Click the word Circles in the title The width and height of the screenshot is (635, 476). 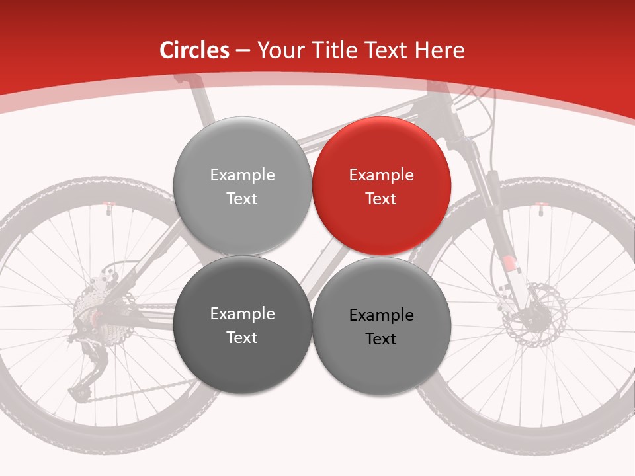click(194, 50)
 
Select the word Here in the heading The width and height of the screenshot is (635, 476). click(442, 50)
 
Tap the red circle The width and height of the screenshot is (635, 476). click(381, 186)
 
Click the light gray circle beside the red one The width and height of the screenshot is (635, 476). click(242, 186)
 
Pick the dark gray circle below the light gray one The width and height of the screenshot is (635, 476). click(242, 325)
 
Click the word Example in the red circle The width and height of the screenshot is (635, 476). click(381, 175)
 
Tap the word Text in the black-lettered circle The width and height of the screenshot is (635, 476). click(381, 339)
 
